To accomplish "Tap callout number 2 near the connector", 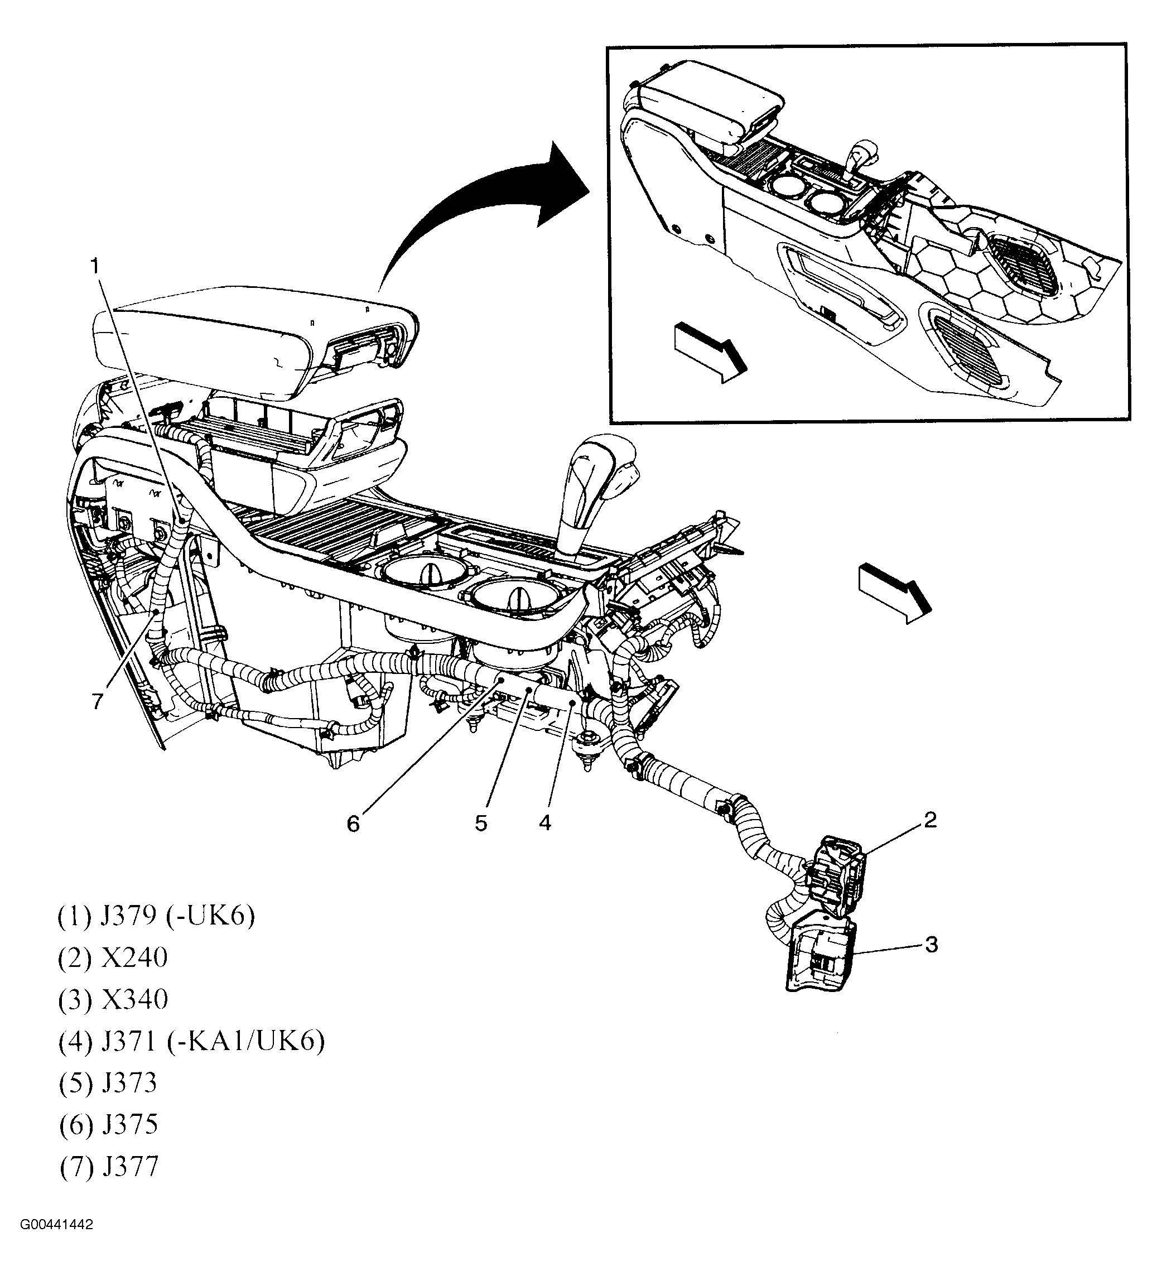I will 930,820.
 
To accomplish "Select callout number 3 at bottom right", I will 931,945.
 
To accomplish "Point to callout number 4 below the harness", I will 545,823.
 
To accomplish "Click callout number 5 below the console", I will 481,824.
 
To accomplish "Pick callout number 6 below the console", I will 353,824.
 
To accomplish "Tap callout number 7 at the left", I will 97,702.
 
